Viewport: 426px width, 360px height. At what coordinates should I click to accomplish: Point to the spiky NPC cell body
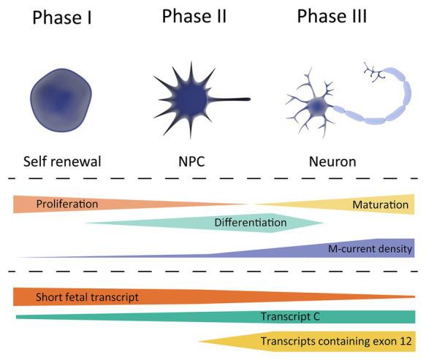[x=191, y=98]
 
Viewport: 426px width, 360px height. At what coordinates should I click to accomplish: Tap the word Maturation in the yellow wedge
[x=380, y=204]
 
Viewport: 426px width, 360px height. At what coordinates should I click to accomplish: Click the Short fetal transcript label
[x=87, y=296]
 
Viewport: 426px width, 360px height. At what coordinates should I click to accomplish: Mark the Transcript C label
[x=290, y=316]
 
